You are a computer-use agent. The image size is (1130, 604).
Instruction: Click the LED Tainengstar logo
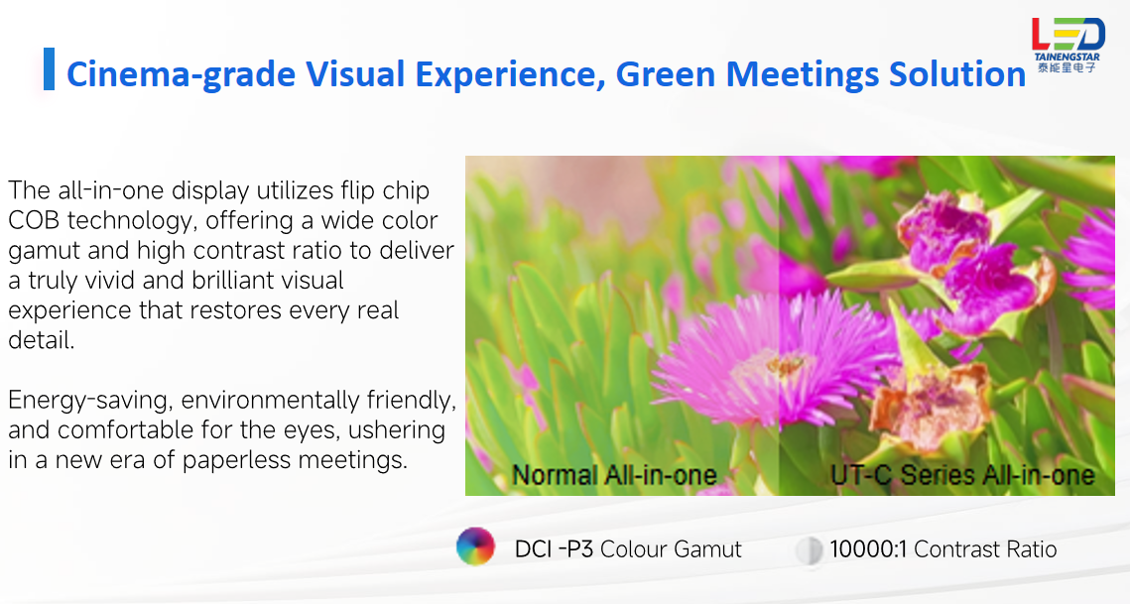(x=1067, y=45)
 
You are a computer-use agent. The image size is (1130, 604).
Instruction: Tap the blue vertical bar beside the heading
(x=49, y=69)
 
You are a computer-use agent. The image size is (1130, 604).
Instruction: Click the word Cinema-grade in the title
(x=181, y=74)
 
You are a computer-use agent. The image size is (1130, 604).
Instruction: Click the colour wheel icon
(x=475, y=546)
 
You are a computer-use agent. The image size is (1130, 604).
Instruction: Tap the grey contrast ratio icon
(x=809, y=549)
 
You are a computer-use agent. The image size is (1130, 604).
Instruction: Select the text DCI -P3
(x=554, y=549)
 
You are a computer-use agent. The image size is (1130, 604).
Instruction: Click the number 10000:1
(x=868, y=549)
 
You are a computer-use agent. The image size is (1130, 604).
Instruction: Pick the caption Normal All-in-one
(x=614, y=475)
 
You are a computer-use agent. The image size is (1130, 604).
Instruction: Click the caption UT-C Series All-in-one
(x=962, y=475)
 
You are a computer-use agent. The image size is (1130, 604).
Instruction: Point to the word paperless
(x=237, y=460)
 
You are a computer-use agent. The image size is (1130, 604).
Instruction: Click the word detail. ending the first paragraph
(x=41, y=339)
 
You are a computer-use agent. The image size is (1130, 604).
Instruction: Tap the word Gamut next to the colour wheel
(x=707, y=549)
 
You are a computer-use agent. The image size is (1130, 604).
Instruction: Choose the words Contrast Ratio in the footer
(x=985, y=549)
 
